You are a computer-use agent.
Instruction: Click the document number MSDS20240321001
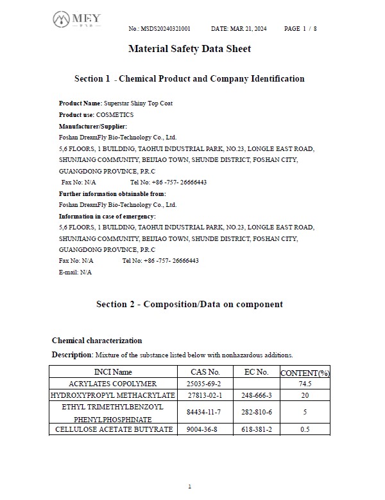(x=168, y=29)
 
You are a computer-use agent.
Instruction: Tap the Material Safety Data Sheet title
(x=189, y=49)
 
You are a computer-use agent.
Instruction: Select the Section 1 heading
(x=189, y=79)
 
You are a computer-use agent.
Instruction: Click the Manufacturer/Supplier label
(x=93, y=126)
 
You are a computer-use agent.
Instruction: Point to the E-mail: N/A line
(x=75, y=272)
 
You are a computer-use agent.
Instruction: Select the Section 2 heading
(x=189, y=304)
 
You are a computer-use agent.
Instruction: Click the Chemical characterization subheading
(x=97, y=341)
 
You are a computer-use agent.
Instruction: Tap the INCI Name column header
(x=113, y=372)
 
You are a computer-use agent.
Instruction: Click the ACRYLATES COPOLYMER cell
(x=113, y=384)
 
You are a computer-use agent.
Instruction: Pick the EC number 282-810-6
(x=257, y=412)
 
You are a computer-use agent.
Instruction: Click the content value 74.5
(x=305, y=384)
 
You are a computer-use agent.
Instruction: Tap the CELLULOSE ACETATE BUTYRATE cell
(x=114, y=429)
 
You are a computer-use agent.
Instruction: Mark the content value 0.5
(x=305, y=429)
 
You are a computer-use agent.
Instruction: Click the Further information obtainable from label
(x=112, y=193)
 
